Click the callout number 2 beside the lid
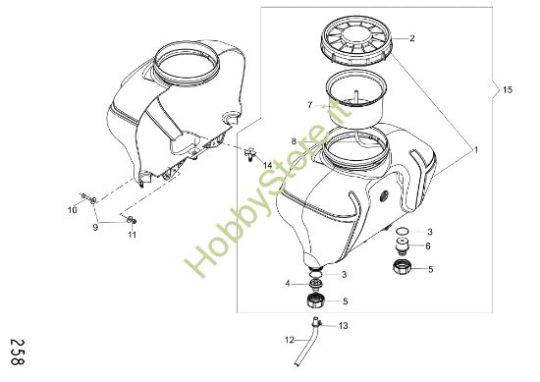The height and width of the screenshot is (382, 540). tap(412, 38)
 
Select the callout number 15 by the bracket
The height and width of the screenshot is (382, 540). tap(508, 90)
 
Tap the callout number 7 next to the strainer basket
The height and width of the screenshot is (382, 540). tap(310, 105)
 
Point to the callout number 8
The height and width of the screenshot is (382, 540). tap(294, 141)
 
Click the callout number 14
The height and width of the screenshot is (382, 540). tap(268, 166)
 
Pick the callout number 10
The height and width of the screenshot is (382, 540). tap(73, 210)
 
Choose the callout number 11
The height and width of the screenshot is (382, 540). tap(133, 235)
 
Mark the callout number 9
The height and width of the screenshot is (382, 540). tap(95, 227)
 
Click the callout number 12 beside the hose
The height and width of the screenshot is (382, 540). tap(290, 341)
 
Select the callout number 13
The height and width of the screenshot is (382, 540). tap(343, 326)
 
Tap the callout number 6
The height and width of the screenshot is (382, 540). tap(428, 246)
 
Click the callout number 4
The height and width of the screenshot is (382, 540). tap(288, 284)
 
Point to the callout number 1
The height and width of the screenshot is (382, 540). tap(476, 150)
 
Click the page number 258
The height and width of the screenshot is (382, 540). tap(18, 352)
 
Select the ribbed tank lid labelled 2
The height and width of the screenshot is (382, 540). tap(356, 40)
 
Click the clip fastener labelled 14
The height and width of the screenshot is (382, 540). tap(249, 153)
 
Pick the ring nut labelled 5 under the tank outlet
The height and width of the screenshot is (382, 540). tap(316, 301)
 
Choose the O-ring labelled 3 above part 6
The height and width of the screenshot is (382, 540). tap(402, 231)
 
